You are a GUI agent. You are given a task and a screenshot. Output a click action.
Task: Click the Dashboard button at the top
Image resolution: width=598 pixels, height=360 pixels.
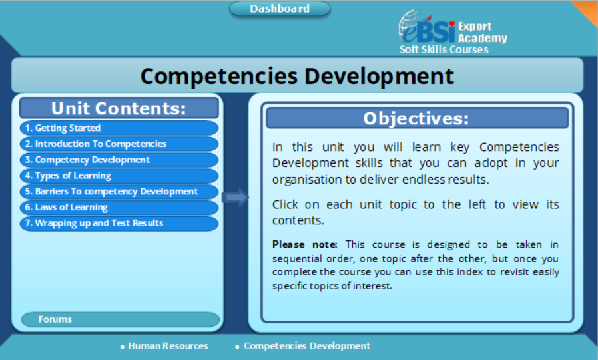(x=280, y=9)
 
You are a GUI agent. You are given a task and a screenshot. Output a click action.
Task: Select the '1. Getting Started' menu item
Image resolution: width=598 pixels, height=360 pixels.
(x=119, y=128)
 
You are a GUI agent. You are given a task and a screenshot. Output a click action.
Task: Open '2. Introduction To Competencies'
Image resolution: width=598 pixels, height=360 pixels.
(x=119, y=144)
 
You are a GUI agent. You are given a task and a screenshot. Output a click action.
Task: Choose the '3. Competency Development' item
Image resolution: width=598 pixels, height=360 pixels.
(x=119, y=160)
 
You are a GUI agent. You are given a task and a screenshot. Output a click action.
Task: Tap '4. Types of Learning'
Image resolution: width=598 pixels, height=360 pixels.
(x=119, y=176)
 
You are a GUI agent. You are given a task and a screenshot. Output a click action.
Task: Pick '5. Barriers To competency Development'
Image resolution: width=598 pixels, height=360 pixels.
(x=119, y=192)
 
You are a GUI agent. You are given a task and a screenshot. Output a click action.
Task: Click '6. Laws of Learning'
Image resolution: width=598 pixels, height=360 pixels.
(x=119, y=208)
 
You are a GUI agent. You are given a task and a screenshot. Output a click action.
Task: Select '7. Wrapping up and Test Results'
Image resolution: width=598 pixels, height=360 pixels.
(x=119, y=224)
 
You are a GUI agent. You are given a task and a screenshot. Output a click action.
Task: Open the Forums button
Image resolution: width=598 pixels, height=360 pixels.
(x=120, y=319)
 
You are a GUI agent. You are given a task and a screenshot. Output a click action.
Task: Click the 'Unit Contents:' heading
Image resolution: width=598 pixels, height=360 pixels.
(x=119, y=108)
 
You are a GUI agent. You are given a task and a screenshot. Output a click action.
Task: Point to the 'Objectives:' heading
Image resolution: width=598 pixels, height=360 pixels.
(x=416, y=118)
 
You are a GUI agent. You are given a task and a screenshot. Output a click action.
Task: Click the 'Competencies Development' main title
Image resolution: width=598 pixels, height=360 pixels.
(x=297, y=75)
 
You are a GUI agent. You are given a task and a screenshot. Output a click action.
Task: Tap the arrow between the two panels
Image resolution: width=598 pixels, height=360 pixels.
(x=235, y=197)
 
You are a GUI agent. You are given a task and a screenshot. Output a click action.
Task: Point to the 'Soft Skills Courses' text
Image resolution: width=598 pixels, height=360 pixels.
(x=444, y=49)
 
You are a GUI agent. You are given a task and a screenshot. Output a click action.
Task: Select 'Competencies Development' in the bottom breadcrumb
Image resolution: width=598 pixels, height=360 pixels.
(x=306, y=346)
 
